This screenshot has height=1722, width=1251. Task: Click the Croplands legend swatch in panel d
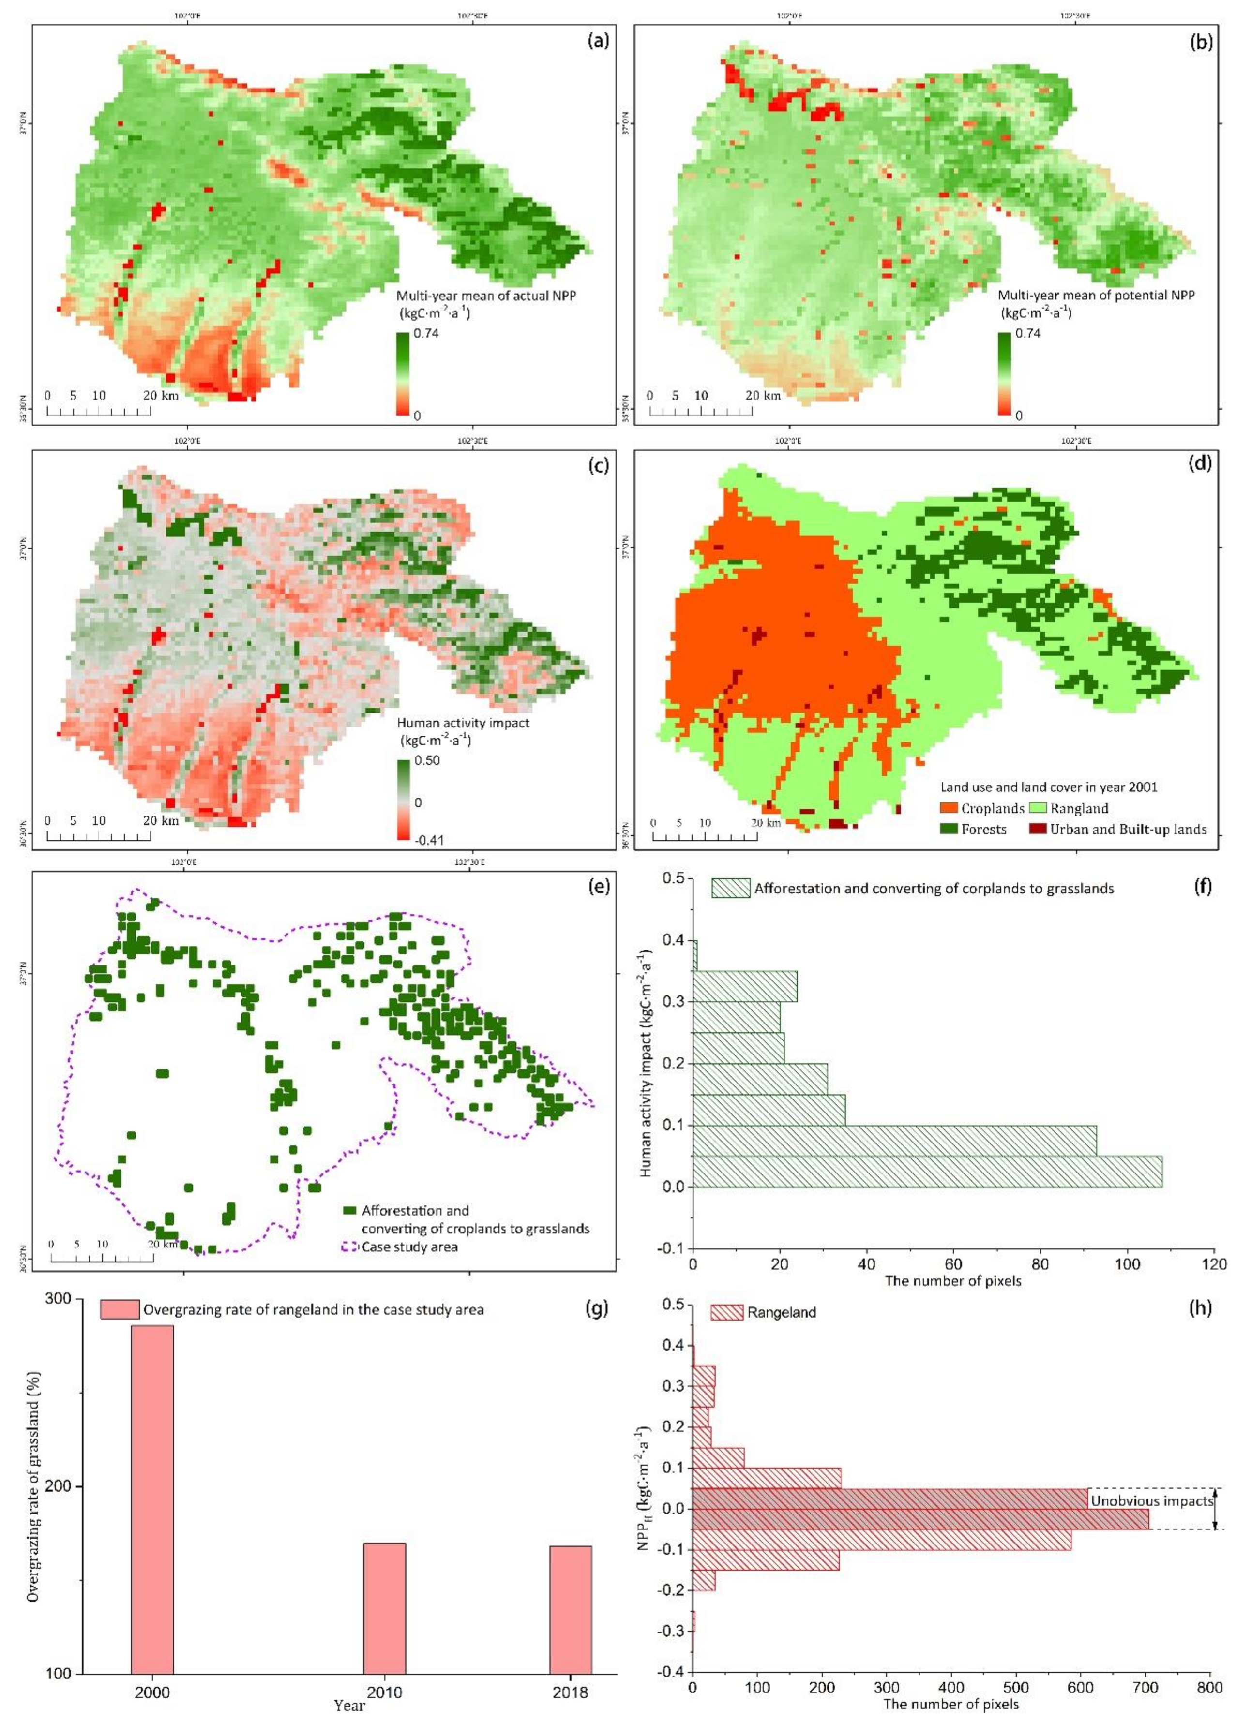tap(950, 808)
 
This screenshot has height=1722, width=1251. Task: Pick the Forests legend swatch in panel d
tap(950, 829)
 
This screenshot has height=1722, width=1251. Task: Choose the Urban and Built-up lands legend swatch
tap(1038, 829)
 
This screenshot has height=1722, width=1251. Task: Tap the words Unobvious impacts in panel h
tap(1151, 1501)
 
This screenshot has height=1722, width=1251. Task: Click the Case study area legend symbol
tap(350, 1247)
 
